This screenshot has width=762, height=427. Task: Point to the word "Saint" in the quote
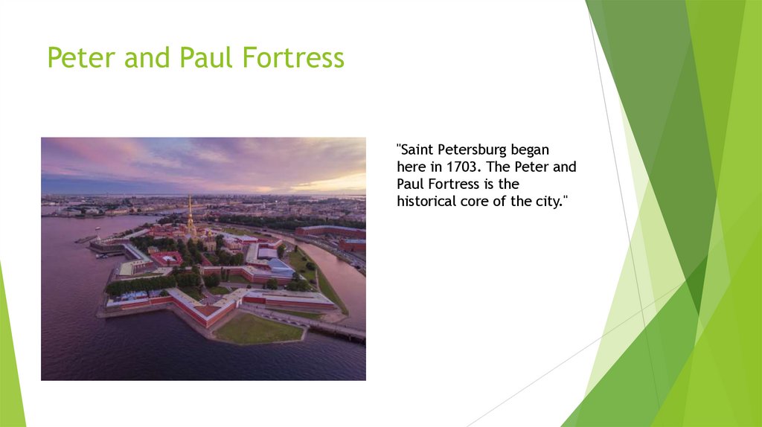click(x=417, y=150)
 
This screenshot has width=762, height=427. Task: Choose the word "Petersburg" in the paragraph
click(x=473, y=150)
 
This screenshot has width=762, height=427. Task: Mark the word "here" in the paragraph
click(x=410, y=167)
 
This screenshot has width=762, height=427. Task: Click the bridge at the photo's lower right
click(x=339, y=330)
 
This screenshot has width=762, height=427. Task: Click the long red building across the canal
click(x=329, y=231)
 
